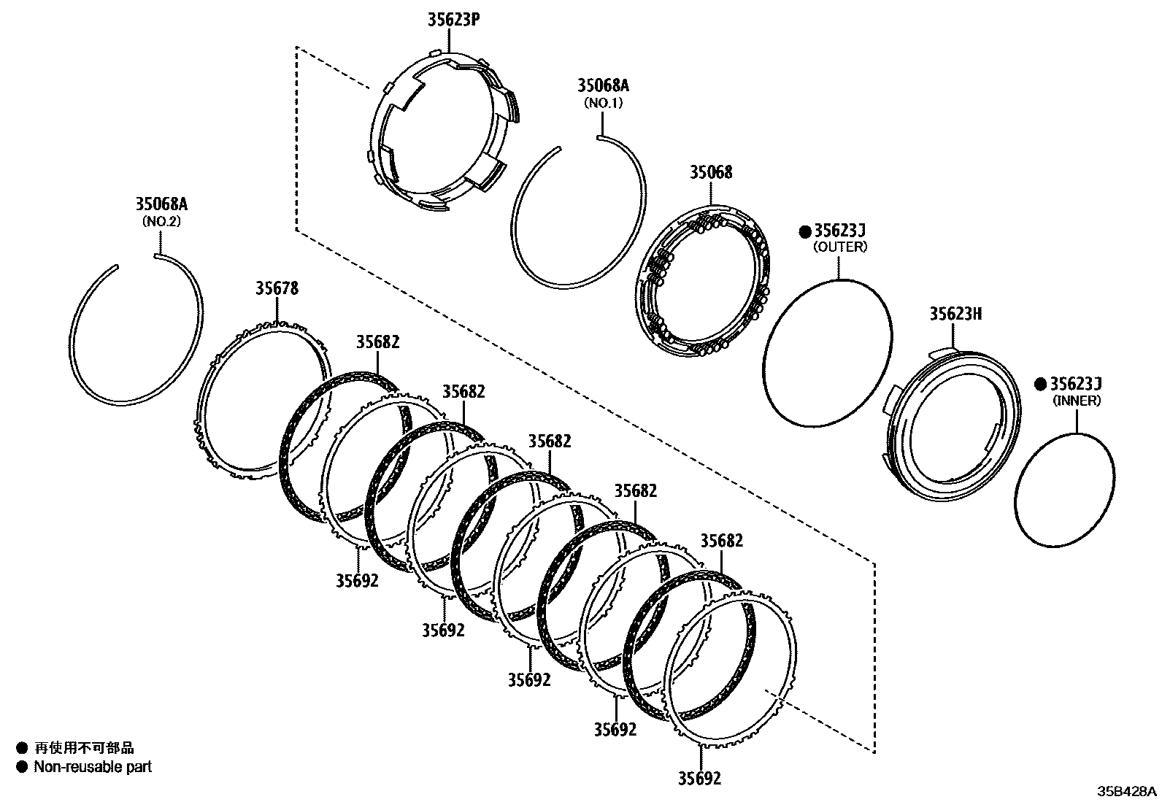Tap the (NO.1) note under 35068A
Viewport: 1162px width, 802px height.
tap(603, 103)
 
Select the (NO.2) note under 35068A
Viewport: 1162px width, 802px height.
tap(161, 221)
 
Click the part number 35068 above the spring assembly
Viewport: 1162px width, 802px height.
tap(711, 173)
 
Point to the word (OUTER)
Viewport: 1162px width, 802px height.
tap(840, 247)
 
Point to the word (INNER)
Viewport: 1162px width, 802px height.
tap(1077, 401)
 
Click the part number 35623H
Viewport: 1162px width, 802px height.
tap(955, 314)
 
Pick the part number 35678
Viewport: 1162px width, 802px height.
tap(277, 289)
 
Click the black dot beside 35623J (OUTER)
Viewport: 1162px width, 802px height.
tap(804, 231)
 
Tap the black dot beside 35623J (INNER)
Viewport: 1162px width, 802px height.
tap(1041, 385)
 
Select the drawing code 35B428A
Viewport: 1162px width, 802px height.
tap(1128, 791)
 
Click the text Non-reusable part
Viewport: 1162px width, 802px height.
tap(93, 767)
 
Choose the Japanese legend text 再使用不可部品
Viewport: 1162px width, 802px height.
tap(85, 748)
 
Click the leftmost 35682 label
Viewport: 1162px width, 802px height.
tap(378, 342)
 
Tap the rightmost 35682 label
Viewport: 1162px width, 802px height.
tap(721, 541)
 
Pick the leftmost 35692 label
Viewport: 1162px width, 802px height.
tap(358, 581)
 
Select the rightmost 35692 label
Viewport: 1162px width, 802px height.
tap(699, 779)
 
